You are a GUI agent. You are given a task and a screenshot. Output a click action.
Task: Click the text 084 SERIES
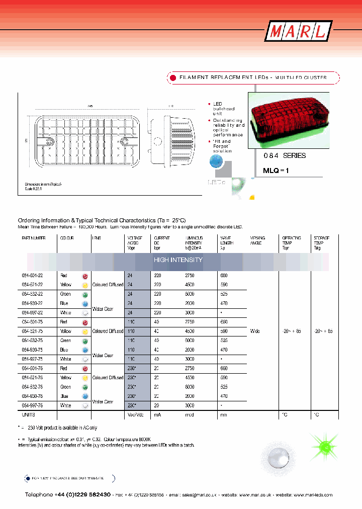[x=285, y=156]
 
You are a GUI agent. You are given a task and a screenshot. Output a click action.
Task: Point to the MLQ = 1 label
[x=276, y=171]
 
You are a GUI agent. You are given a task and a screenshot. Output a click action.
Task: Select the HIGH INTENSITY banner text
[x=178, y=260]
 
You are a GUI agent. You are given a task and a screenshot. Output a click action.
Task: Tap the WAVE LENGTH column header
[x=227, y=240]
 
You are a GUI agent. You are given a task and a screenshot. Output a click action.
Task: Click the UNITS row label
[x=28, y=415]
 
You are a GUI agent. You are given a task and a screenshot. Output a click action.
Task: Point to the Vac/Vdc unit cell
[x=136, y=415]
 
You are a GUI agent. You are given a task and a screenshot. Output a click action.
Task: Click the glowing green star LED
[x=325, y=446]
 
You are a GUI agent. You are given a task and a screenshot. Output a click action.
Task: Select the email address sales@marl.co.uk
[x=197, y=495]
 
